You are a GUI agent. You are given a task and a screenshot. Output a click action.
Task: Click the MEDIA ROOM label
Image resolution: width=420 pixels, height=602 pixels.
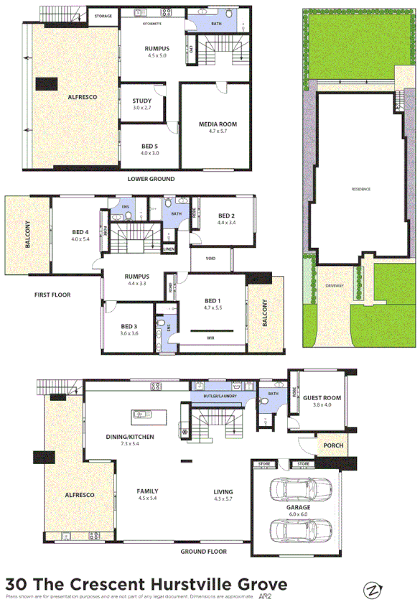point(218,124)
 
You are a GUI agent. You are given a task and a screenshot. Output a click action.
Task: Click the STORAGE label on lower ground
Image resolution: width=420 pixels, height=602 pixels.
point(103,15)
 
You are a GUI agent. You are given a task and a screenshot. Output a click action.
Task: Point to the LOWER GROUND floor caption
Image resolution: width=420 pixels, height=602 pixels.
point(151,179)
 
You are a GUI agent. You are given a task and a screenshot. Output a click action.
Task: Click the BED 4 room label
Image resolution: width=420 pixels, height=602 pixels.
point(80,231)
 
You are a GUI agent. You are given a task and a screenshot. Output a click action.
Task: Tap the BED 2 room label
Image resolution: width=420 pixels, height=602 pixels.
point(226,216)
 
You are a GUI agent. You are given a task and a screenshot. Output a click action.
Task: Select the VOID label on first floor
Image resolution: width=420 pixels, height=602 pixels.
point(211,259)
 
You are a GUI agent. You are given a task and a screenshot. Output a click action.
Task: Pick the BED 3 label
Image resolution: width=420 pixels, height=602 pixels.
point(130,326)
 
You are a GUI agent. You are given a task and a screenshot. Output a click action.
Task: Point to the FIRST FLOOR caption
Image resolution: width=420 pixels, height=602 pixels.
point(52,295)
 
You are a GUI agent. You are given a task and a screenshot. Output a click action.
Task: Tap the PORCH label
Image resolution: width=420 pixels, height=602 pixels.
point(333,445)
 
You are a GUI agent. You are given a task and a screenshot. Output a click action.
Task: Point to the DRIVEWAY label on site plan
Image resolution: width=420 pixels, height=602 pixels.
point(335,286)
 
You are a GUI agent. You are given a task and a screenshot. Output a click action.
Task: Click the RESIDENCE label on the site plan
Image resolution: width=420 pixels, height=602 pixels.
point(360,189)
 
